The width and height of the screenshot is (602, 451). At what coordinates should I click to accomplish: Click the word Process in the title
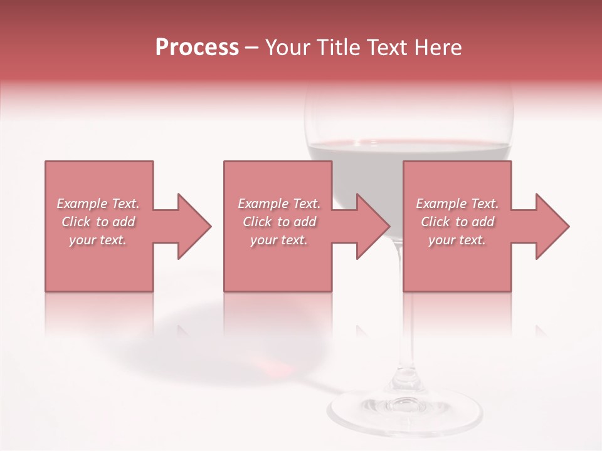197,48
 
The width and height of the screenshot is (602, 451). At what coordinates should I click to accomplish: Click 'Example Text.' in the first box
98,204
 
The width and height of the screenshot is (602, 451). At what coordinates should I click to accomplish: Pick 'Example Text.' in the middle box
279,204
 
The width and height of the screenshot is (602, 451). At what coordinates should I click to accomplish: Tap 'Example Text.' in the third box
457,204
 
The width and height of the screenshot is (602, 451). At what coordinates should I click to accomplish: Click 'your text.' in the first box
98,240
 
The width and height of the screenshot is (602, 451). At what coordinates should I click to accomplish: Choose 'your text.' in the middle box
279,240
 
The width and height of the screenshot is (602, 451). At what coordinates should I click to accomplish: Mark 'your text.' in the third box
457,240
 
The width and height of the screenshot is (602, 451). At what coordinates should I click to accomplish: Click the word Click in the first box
76,222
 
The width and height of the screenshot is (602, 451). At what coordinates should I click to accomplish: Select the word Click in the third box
435,222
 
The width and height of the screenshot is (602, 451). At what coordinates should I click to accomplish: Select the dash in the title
252,48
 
